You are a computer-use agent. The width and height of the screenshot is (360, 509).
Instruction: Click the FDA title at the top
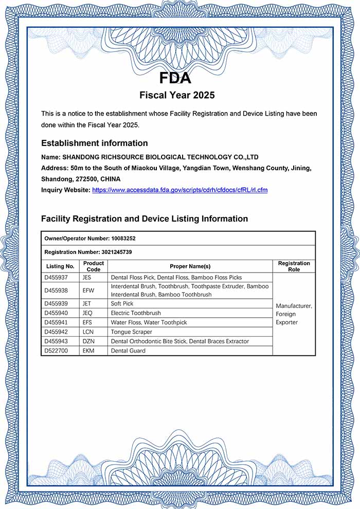pyautogui.click(x=175, y=78)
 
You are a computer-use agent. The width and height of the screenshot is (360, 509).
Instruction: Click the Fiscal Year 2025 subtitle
pyautogui.click(x=177, y=95)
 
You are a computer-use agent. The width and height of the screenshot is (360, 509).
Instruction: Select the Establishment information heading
pyautogui.click(x=94, y=143)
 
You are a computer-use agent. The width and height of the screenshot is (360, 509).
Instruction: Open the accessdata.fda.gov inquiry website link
pyautogui.click(x=179, y=190)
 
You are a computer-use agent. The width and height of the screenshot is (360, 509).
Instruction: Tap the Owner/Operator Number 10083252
pyautogui.click(x=90, y=239)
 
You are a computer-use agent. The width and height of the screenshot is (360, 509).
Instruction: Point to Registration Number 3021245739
pyautogui.click(x=88, y=252)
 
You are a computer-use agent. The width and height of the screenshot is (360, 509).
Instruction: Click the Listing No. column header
pyautogui.click(x=60, y=266)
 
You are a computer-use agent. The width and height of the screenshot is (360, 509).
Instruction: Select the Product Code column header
pyautogui.click(x=94, y=266)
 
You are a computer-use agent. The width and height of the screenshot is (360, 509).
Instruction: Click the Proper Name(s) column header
pyautogui.click(x=190, y=266)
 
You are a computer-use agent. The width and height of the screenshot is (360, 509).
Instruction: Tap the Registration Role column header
pyautogui.click(x=294, y=266)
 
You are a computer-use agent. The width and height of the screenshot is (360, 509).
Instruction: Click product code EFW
pyautogui.click(x=88, y=290)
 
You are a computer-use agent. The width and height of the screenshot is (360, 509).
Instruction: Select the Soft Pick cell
pyautogui.click(x=122, y=304)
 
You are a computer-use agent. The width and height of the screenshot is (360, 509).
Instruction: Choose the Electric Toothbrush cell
pyautogui.click(x=136, y=313)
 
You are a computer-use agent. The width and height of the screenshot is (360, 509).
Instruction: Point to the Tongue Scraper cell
pyautogui.click(x=131, y=332)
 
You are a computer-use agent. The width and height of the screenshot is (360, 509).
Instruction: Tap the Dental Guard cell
pyautogui.click(x=128, y=351)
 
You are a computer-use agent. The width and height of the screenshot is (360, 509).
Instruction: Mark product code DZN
pyautogui.click(x=88, y=341)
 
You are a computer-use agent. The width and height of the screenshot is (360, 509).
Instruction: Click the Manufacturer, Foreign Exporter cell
pyautogui.click(x=294, y=314)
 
